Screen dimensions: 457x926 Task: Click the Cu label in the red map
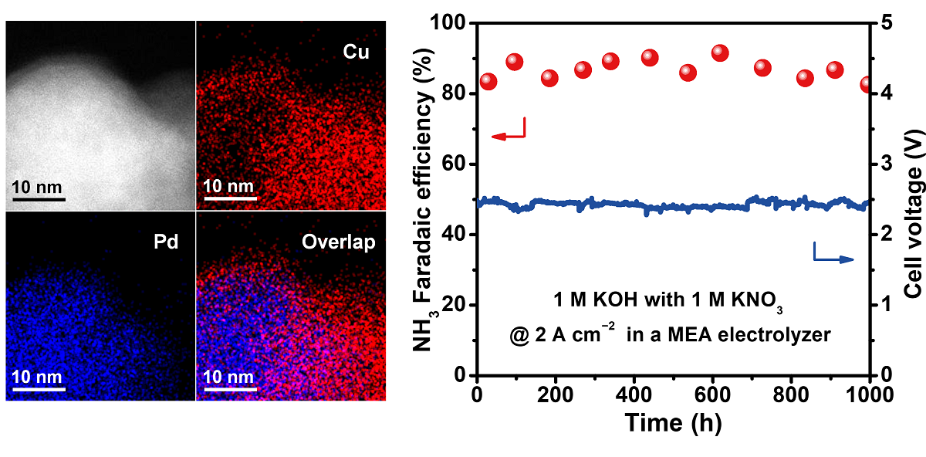357,52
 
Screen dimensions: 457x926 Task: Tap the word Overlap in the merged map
340,242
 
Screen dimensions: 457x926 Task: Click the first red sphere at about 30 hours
488,82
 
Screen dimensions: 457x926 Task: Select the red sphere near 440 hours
650,58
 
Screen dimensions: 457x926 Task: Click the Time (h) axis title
673,423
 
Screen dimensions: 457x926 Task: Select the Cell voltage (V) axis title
913,198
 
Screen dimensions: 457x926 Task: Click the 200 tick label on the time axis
556,393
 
